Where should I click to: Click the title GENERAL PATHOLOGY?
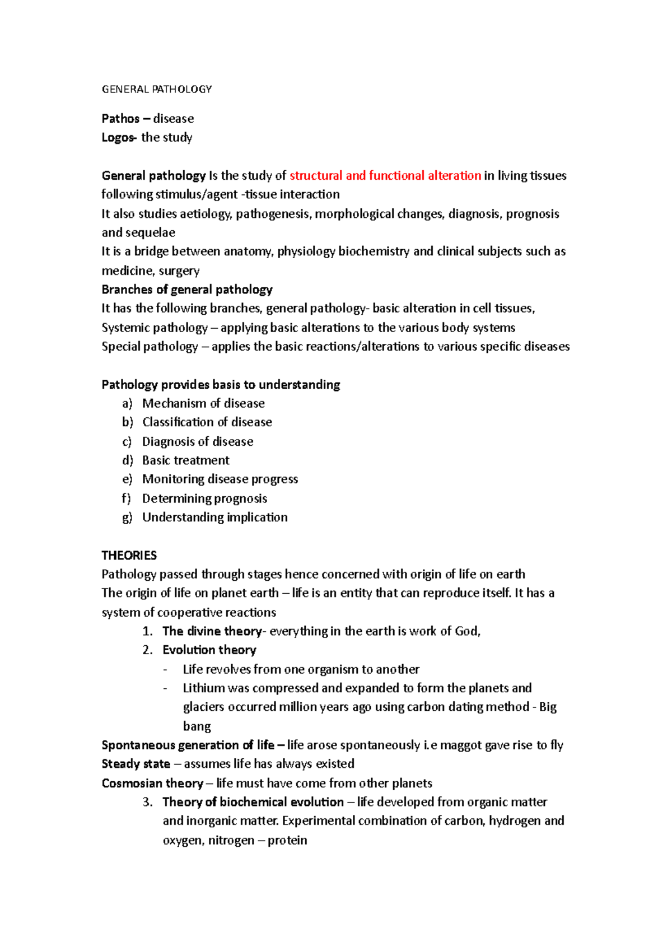coord(156,89)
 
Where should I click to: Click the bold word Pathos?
coord(120,119)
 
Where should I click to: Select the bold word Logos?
coord(118,138)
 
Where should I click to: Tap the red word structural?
coord(316,176)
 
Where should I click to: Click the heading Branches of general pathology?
coord(186,290)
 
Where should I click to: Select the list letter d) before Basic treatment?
coord(127,460)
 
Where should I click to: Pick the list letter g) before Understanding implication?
coord(127,518)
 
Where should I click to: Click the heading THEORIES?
coord(129,556)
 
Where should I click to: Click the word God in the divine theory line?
coord(467,631)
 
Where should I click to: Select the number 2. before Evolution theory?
coord(147,650)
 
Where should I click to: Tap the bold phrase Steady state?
coord(136,764)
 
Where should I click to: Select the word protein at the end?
coord(287,841)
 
